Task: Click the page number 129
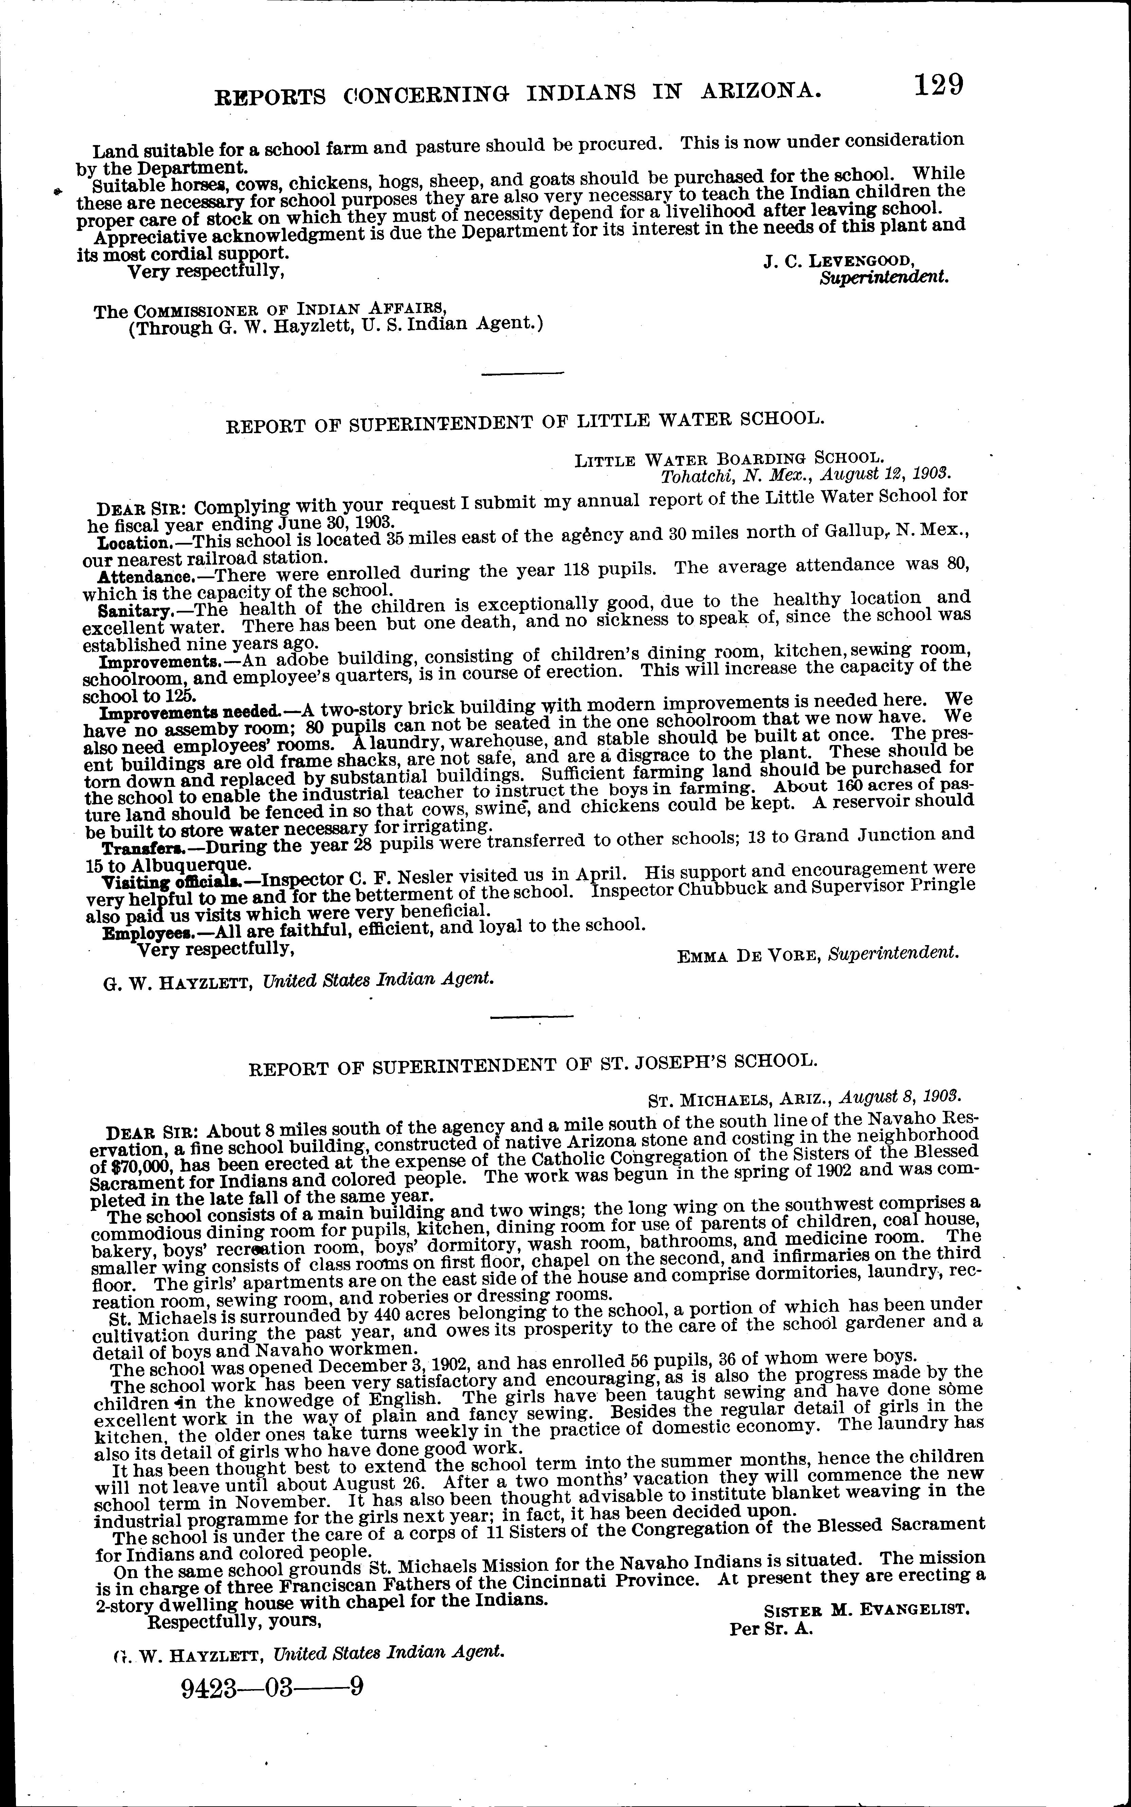click(x=937, y=85)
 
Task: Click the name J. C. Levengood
click(x=839, y=260)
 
